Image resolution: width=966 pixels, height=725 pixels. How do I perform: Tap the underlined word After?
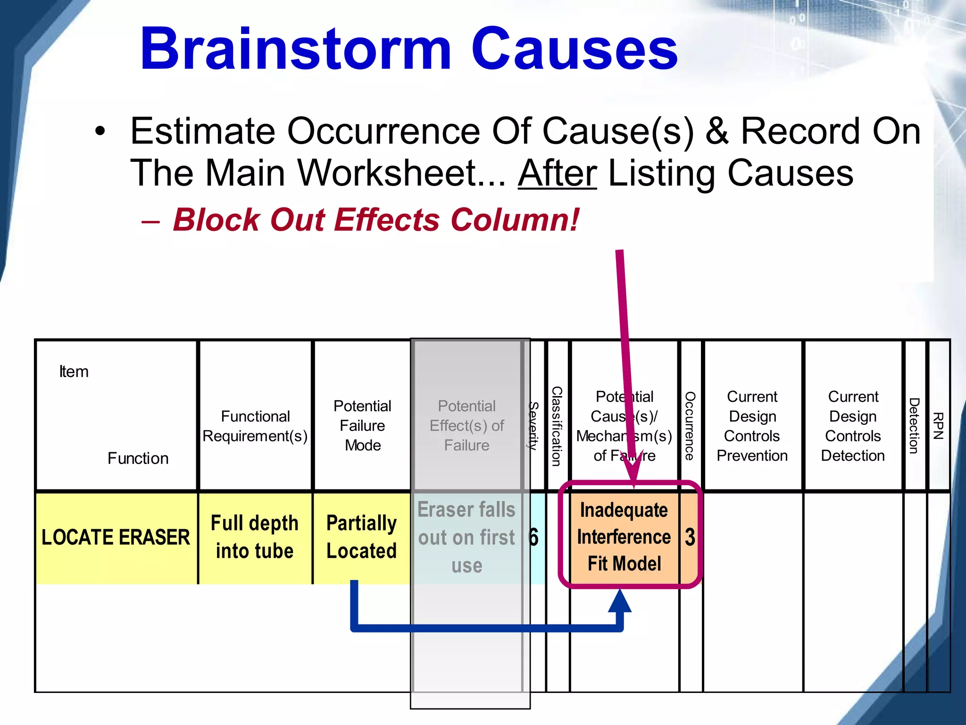[x=558, y=173]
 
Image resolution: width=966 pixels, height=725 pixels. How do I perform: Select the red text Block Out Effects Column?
[x=376, y=220]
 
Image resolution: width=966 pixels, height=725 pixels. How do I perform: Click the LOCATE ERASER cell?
[x=116, y=538]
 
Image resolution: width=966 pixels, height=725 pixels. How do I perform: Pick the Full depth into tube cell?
[x=255, y=537]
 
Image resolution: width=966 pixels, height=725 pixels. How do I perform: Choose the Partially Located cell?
[x=361, y=537]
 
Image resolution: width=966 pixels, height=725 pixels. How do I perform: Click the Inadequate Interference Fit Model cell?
[x=624, y=537]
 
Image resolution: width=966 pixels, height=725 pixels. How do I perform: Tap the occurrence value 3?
[x=690, y=538]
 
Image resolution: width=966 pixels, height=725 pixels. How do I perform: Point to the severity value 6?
[x=534, y=538]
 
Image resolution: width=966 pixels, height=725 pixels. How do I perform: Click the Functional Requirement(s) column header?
[x=255, y=426]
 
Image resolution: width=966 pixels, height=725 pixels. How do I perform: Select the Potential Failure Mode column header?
[x=362, y=426]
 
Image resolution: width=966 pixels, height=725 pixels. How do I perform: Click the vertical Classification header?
[x=557, y=426]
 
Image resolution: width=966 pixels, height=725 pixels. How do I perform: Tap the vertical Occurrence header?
[x=690, y=426]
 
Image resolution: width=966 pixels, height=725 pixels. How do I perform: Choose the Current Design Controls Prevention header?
[x=752, y=426]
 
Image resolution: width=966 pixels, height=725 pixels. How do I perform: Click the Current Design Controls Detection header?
[x=853, y=426]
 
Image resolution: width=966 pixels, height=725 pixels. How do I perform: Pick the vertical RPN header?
[x=938, y=426]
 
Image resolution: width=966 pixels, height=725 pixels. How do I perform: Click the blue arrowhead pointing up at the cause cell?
[x=620, y=601]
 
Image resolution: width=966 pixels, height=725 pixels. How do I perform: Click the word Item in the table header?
[x=74, y=372]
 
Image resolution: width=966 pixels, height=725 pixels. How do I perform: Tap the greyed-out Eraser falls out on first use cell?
[x=466, y=538]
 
